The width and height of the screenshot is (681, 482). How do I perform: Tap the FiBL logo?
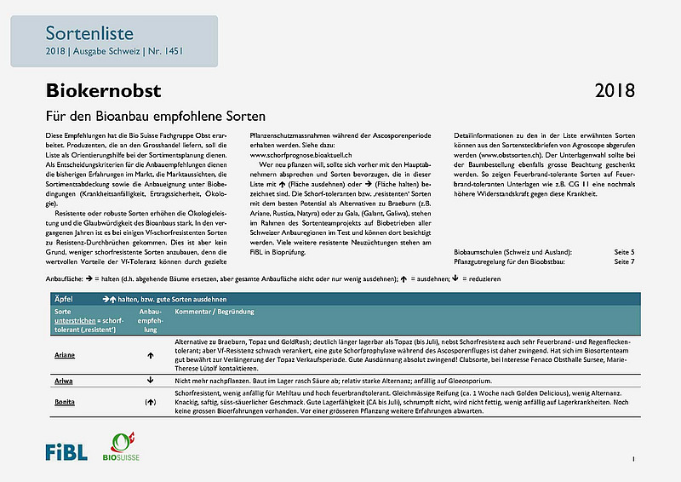(x=66, y=450)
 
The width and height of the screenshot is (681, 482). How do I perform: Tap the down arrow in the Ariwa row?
(x=151, y=380)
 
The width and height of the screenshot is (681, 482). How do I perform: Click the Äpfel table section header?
(x=64, y=300)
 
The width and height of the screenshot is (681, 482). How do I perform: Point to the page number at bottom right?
(x=633, y=460)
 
